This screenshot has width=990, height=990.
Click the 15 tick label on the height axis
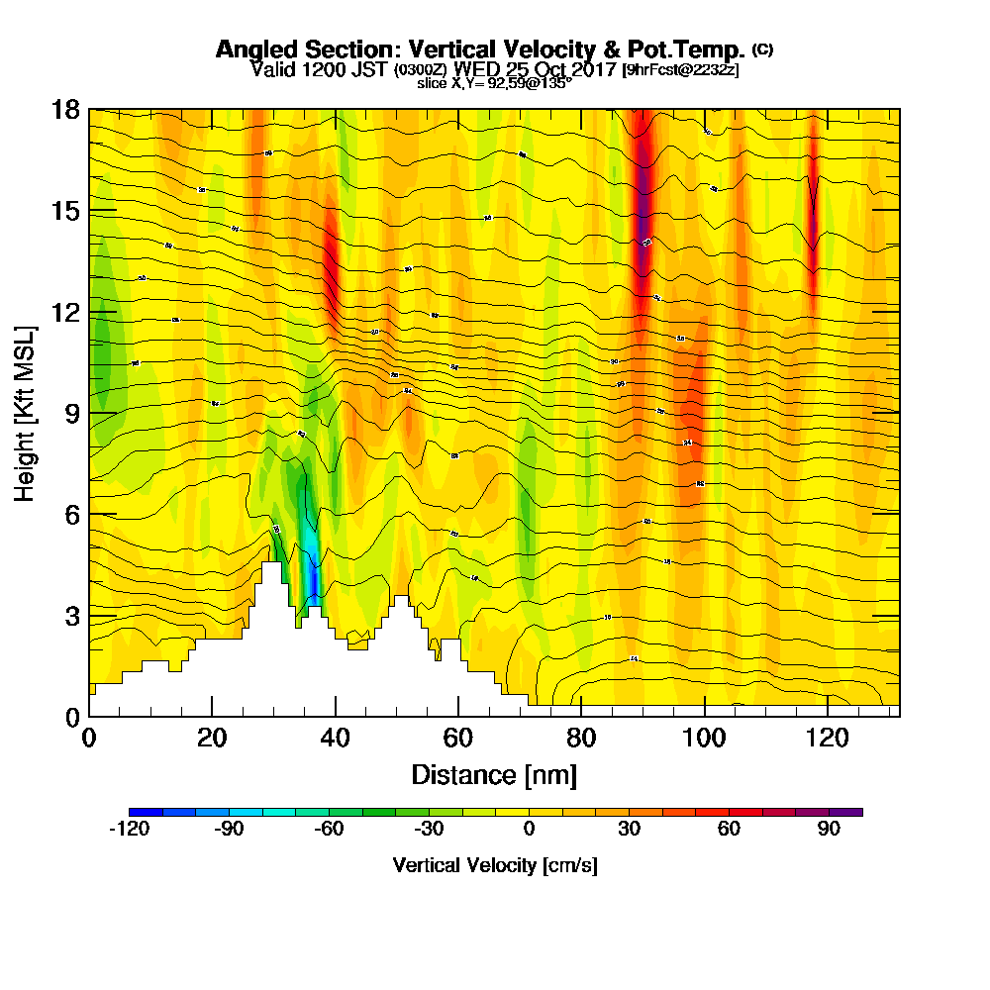pos(65,211)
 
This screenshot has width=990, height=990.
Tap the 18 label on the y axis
pos(65,110)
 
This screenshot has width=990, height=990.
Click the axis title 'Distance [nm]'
pos(494,774)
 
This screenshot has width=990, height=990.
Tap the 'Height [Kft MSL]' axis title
pos(26,412)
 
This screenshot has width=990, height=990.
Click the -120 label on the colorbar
pos(128,831)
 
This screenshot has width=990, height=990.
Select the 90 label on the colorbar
pos(829,831)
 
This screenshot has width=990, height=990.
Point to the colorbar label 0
pos(529,831)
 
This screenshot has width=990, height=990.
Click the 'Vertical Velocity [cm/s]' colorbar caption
pos(494,865)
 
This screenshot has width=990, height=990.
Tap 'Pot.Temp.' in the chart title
pos(692,49)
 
